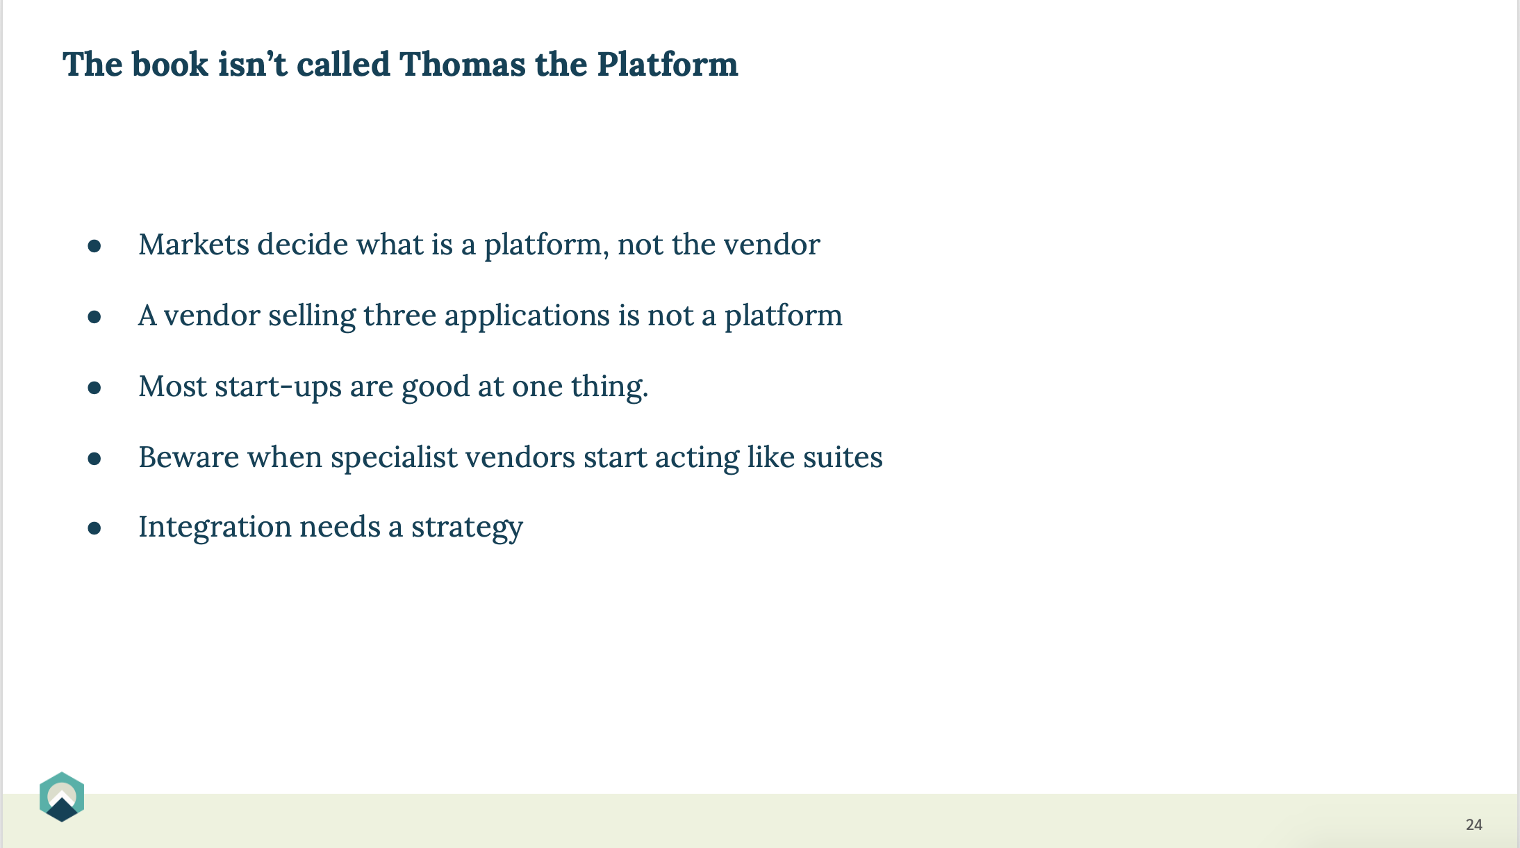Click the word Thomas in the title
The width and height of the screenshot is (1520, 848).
(x=463, y=64)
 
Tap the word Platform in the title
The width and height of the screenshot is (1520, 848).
(x=667, y=64)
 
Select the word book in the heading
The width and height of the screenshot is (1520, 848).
(x=170, y=64)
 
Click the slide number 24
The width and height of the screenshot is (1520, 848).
(x=1474, y=824)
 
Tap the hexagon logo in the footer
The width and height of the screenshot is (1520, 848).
(x=62, y=797)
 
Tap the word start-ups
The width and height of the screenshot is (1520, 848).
(x=278, y=387)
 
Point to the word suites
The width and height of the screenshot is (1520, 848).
(x=843, y=457)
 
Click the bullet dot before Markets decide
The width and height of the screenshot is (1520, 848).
(x=94, y=246)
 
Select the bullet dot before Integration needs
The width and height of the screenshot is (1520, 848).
(x=94, y=528)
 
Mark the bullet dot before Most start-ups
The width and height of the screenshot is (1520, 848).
(x=94, y=388)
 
